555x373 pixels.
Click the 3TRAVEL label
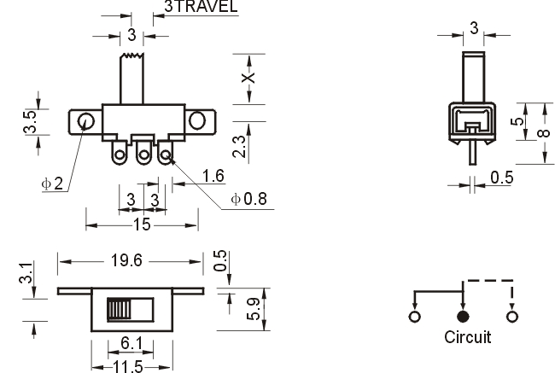201,6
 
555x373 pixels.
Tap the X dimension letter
248,78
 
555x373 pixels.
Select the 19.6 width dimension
126,261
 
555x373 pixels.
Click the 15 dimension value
142,224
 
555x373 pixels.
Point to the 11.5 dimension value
128,367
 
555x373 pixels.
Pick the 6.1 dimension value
131,344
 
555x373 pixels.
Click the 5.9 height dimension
254,309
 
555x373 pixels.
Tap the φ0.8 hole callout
248,199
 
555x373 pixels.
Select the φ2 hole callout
52,184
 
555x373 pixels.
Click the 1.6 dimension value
213,176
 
